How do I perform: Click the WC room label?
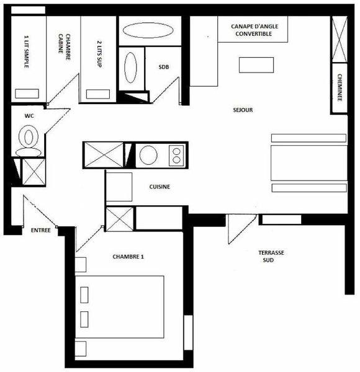point(29,116)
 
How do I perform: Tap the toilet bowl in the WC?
point(29,137)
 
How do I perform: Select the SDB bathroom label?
point(164,67)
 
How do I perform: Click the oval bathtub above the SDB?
point(148,30)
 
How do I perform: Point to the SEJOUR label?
point(243,110)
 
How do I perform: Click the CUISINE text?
point(160,187)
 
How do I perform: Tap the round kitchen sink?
point(148,155)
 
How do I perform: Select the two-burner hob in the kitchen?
point(176,156)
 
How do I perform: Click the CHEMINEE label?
point(340,87)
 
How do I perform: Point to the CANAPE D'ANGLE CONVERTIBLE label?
point(254,30)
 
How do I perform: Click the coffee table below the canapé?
point(256,64)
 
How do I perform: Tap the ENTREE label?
point(41,231)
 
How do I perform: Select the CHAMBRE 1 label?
point(128,257)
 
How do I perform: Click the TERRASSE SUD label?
point(271,256)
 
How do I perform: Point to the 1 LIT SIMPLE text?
point(27,51)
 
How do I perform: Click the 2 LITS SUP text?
point(99,54)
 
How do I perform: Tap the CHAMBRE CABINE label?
point(65,46)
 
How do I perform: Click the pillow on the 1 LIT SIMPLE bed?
point(27,94)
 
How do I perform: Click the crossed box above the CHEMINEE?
point(340,39)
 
